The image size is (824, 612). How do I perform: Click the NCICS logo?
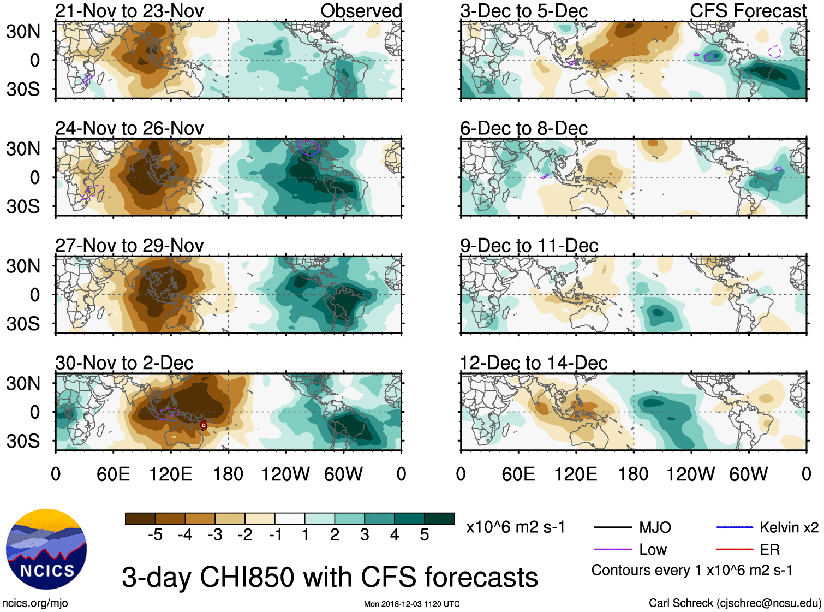click(46, 549)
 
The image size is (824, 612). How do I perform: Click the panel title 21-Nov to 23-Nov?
click(129, 11)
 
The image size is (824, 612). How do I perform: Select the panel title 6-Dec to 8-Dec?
click(524, 128)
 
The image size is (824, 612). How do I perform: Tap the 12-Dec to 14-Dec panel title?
click(533, 363)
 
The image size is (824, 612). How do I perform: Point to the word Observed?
click(361, 11)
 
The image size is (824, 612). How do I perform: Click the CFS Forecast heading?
click(748, 11)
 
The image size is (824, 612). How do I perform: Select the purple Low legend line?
click(612, 550)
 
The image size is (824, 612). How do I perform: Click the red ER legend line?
click(735, 550)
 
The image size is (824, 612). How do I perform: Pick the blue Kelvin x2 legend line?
click(735, 527)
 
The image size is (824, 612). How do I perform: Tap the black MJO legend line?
click(612, 527)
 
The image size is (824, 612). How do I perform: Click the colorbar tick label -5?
click(155, 535)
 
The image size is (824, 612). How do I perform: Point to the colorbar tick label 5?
click(424, 535)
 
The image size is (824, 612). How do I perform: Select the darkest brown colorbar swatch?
click(140, 519)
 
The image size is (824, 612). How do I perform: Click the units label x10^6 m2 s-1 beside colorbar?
click(515, 527)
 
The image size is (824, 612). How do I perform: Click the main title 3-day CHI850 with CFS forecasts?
click(330, 577)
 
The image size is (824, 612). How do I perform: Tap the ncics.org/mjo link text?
click(35, 603)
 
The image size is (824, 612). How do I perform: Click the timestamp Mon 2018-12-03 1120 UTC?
click(411, 604)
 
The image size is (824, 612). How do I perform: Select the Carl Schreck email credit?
click(735, 603)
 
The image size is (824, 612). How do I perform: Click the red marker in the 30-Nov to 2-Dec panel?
click(204, 425)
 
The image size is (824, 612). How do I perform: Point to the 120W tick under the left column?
click(285, 474)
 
